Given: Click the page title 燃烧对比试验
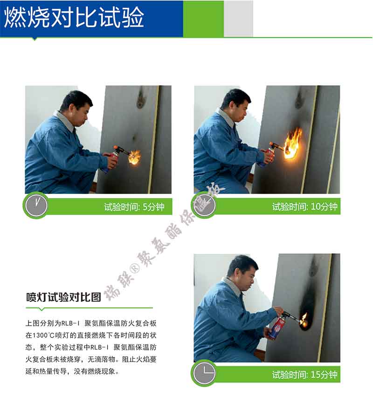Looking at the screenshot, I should [75, 18].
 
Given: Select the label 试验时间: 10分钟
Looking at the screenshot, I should [304, 207].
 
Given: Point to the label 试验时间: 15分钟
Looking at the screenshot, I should [304, 374].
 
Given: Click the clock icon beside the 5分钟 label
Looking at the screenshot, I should [36, 205].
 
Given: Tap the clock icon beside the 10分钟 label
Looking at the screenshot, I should [204, 205].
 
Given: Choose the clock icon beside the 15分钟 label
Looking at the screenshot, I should [204, 373].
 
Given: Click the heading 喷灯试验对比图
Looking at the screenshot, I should [63, 297].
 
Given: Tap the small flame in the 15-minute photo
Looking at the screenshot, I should [304, 320].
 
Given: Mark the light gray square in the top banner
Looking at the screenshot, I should [238, 19].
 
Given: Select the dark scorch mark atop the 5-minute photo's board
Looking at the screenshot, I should [140, 99].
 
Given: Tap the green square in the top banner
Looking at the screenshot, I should [203, 19].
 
